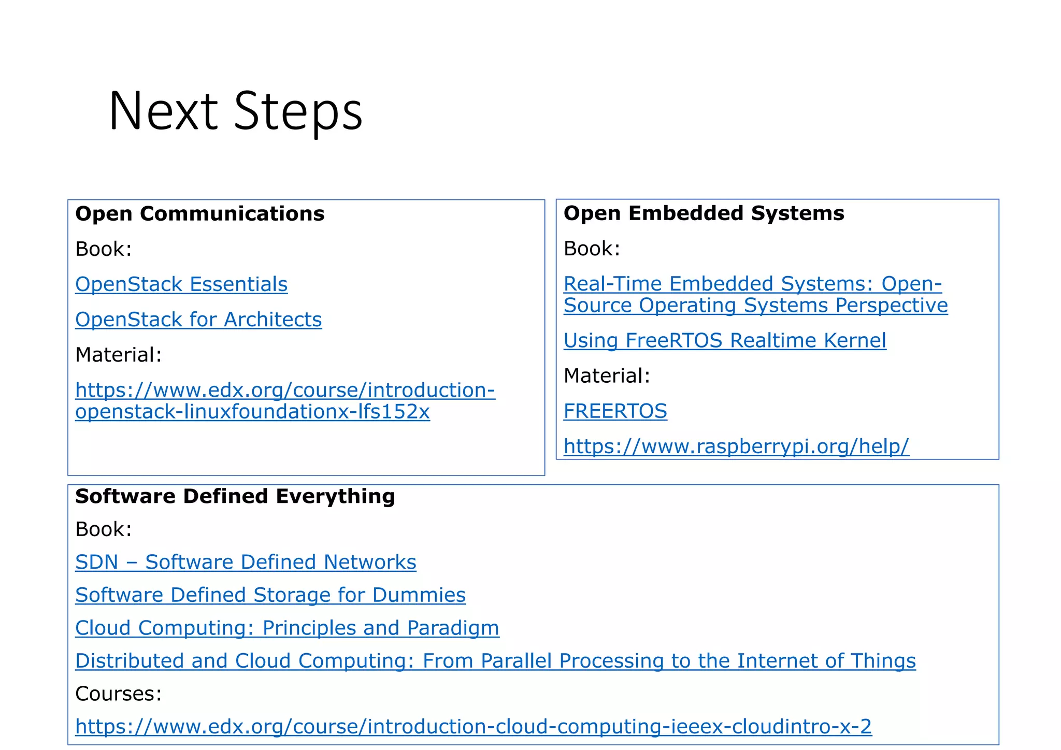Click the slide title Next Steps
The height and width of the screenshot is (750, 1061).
point(235,111)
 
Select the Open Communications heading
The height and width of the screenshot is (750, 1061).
point(199,214)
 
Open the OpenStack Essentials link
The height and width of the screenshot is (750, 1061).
point(181,284)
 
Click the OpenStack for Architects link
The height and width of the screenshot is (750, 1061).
point(198,320)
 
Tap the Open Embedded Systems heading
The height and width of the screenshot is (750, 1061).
point(704,213)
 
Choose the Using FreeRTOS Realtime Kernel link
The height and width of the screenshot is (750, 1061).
point(724,340)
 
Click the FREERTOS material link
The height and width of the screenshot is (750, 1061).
point(615,411)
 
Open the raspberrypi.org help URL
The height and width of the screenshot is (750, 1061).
point(736,446)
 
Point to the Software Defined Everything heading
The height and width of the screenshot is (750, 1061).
point(235,496)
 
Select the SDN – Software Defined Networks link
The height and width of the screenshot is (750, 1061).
point(246,562)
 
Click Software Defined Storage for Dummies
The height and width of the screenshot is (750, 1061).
point(270,595)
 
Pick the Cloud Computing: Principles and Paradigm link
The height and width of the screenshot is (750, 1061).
point(287,628)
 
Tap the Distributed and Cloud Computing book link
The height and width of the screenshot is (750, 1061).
point(495,661)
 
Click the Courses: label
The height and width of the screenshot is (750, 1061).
point(118,694)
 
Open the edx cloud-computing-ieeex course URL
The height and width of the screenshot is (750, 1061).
point(473,727)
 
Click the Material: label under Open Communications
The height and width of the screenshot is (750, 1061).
point(118,355)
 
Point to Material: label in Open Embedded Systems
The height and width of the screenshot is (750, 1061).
point(606,376)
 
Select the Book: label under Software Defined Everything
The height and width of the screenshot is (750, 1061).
point(103,529)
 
